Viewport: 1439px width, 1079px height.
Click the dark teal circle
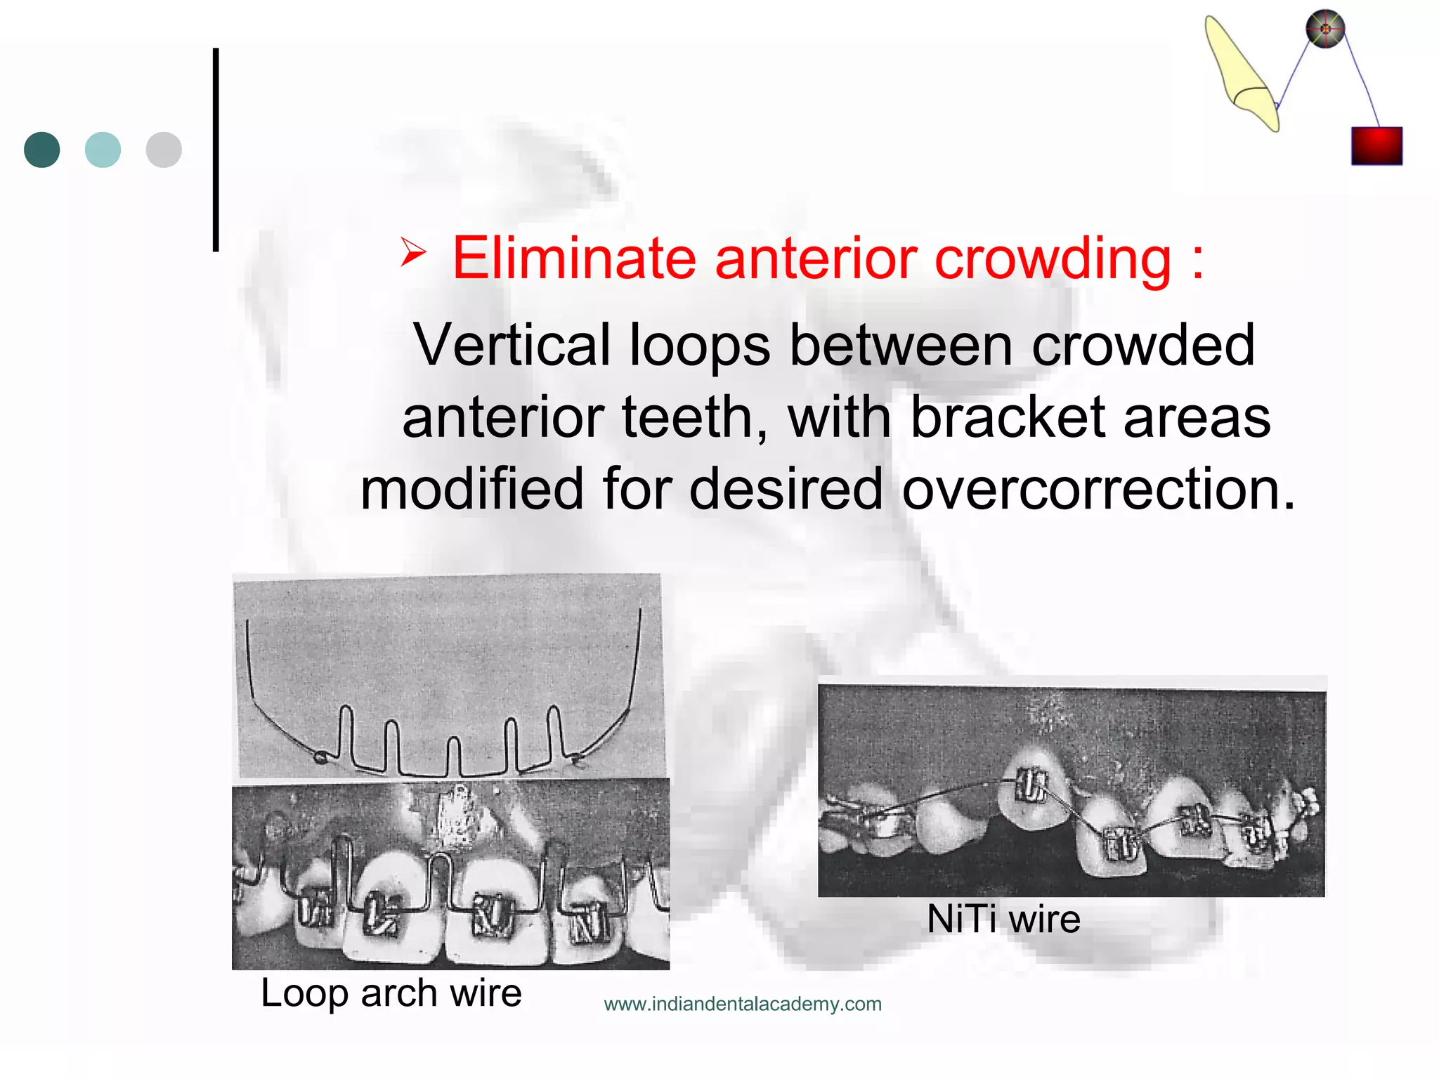(x=42, y=150)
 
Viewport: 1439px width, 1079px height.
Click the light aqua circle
(x=103, y=150)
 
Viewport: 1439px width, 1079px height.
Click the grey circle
(x=164, y=150)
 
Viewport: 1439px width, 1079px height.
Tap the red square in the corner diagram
(x=1376, y=146)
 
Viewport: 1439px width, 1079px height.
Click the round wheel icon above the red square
(x=1325, y=30)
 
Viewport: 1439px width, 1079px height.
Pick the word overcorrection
(x=1098, y=489)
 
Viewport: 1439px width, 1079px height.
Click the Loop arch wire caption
(x=391, y=993)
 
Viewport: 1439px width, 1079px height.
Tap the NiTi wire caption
(x=1003, y=919)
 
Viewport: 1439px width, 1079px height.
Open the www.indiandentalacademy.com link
(x=743, y=1004)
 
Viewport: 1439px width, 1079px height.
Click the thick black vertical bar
(x=216, y=149)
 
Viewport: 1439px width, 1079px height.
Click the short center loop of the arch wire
(x=454, y=756)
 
